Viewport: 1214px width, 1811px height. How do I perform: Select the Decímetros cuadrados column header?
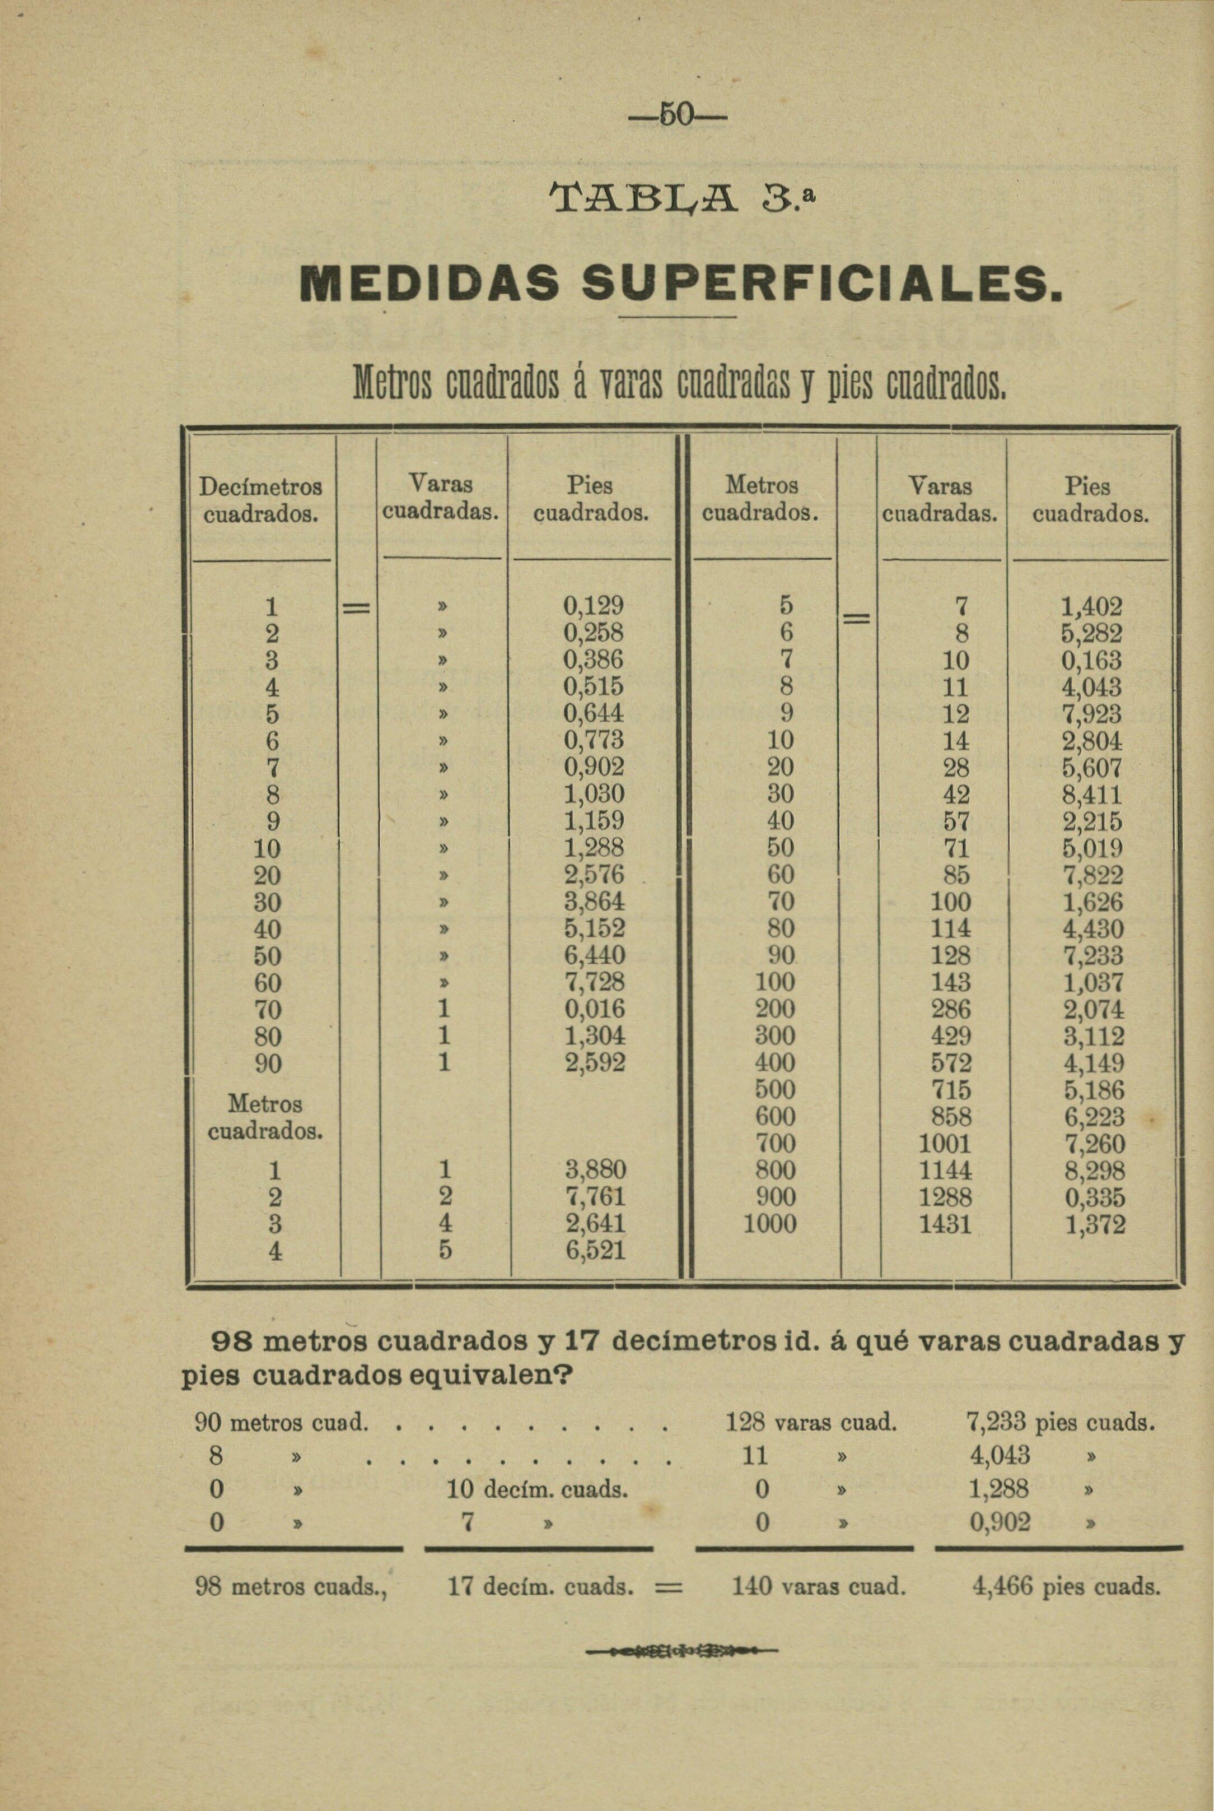tap(260, 500)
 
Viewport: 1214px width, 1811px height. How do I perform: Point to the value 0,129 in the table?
tap(594, 606)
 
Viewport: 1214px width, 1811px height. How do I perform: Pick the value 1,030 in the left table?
tap(594, 794)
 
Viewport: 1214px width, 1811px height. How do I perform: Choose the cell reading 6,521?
tap(594, 1250)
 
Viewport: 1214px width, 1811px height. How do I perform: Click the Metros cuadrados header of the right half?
tap(762, 500)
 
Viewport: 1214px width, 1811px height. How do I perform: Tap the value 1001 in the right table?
tap(945, 1143)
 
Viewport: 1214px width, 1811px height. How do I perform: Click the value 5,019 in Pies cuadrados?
tap(1092, 847)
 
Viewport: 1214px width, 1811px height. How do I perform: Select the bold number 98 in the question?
tap(232, 1341)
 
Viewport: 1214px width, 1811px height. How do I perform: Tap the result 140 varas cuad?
tap(818, 1587)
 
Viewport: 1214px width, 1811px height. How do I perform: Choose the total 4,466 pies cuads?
tap(1066, 1587)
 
